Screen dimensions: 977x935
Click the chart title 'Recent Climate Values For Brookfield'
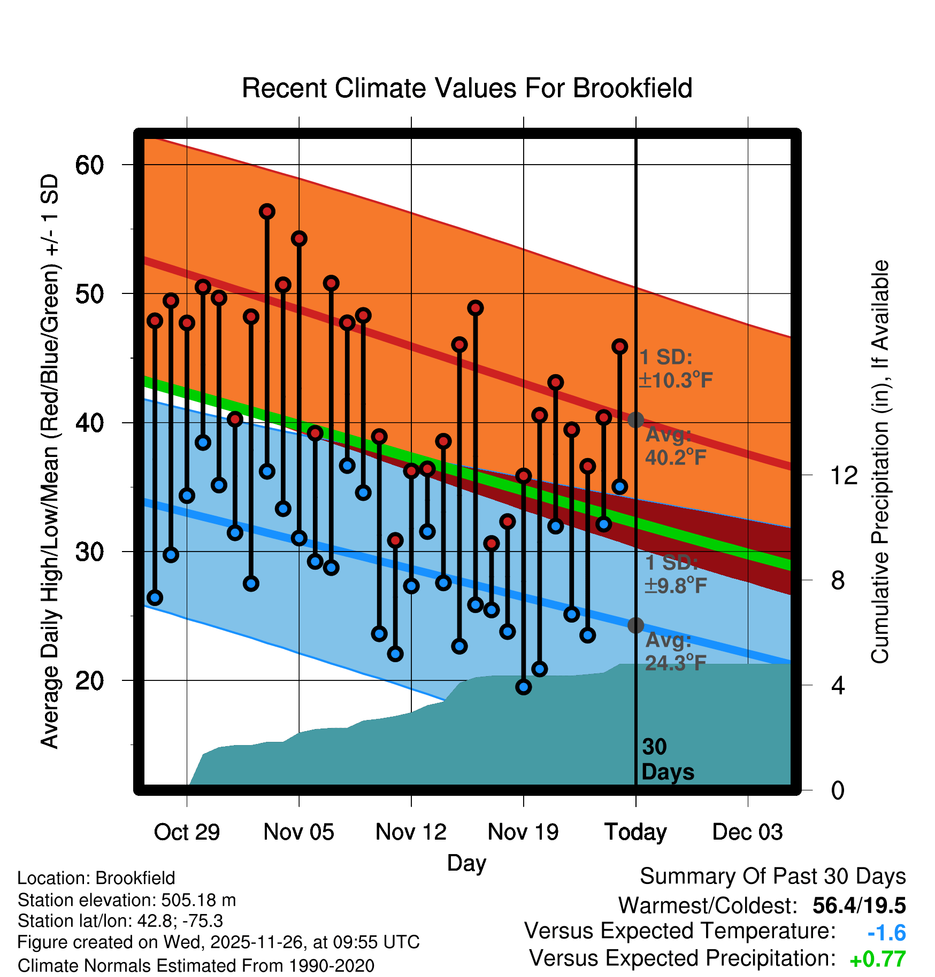pyautogui.click(x=467, y=88)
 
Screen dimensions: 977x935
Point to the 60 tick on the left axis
pyautogui.click(x=89, y=165)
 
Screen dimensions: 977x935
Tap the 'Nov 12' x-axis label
pyautogui.click(x=411, y=832)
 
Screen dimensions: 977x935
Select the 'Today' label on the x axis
pyautogui.click(x=635, y=832)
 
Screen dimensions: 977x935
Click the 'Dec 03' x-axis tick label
pyautogui.click(x=747, y=832)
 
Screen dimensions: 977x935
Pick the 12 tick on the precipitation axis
pyautogui.click(x=844, y=475)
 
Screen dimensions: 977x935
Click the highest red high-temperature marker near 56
pyautogui.click(x=267, y=212)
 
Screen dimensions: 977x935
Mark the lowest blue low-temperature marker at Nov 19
pyautogui.click(x=524, y=687)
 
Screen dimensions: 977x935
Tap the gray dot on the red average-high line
pyautogui.click(x=635, y=420)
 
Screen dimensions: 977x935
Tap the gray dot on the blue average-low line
pyautogui.click(x=635, y=625)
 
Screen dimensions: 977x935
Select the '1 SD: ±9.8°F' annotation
pyautogui.click(x=676, y=575)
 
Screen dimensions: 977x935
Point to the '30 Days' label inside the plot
pyautogui.click(x=667, y=759)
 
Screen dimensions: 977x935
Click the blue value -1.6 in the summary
pyautogui.click(x=886, y=933)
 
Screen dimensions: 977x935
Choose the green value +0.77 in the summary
pyautogui.click(x=877, y=959)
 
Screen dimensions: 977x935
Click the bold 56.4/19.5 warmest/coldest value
pyautogui.click(x=859, y=905)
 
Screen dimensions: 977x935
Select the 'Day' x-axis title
pyautogui.click(x=466, y=863)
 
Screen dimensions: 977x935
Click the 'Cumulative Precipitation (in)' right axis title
pyautogui.click(x=880, y=462)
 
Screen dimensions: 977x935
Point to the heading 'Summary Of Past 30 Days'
pyautogui.click(x=772, y=877)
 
